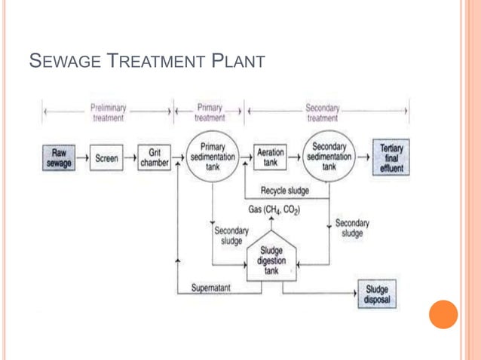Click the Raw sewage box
coord(59,158)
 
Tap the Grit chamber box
coord(154,158)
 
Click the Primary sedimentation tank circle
coord(212,157)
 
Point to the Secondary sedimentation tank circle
coord(329,156)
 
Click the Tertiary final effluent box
coord(391,158)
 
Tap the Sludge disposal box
coord(377,294)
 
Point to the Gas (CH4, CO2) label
coord(274,209)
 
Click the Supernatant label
coord(210,288)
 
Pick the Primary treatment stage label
coord(209,112)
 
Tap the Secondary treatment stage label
coord(322,112)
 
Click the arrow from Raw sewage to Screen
coord(82,158)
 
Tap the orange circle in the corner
coord(443,314)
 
